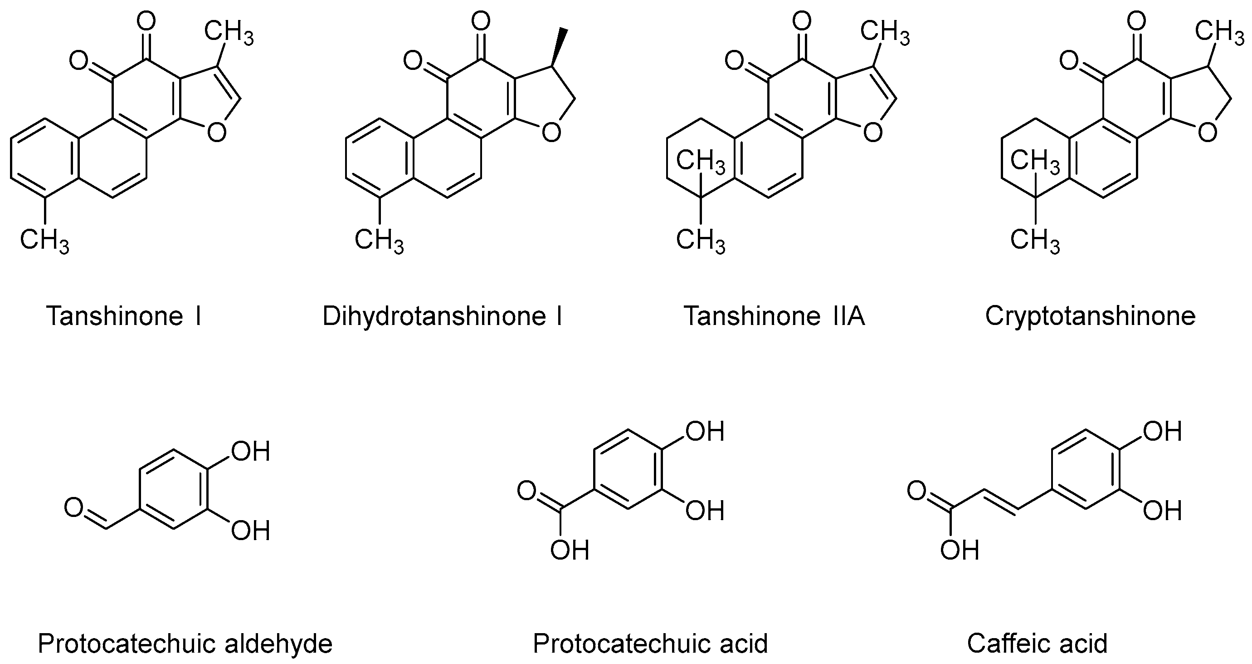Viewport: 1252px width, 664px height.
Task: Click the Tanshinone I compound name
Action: pos(123,316)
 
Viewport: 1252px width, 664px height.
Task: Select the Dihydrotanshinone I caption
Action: pos(442,316)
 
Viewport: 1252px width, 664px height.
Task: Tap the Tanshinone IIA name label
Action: pos(774,316)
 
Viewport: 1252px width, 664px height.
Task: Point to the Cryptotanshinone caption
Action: pos(1090,316)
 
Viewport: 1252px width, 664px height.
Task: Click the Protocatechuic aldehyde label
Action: pos(185,643)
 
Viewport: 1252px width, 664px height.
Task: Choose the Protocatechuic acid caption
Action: pos(650,643)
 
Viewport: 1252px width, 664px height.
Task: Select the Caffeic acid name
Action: pos(1037,643)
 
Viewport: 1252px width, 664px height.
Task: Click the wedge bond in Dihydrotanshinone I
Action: pos(559,46)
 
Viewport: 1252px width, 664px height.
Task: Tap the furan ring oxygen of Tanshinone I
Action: pos(216,132)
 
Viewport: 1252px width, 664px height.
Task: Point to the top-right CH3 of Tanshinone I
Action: pos(229,33)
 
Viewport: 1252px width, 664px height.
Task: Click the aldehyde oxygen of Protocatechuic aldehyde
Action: pos(74,508)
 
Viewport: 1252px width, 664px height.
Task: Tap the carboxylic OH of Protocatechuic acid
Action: pos(569,550)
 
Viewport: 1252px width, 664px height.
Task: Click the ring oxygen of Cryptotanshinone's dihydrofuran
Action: pos(1207,132)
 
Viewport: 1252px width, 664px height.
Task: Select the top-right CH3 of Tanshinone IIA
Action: pos(885,33)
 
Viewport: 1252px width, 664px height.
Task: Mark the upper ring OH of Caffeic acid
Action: pos(1162,431)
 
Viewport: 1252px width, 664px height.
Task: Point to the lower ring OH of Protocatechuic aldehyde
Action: pos(250,530)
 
